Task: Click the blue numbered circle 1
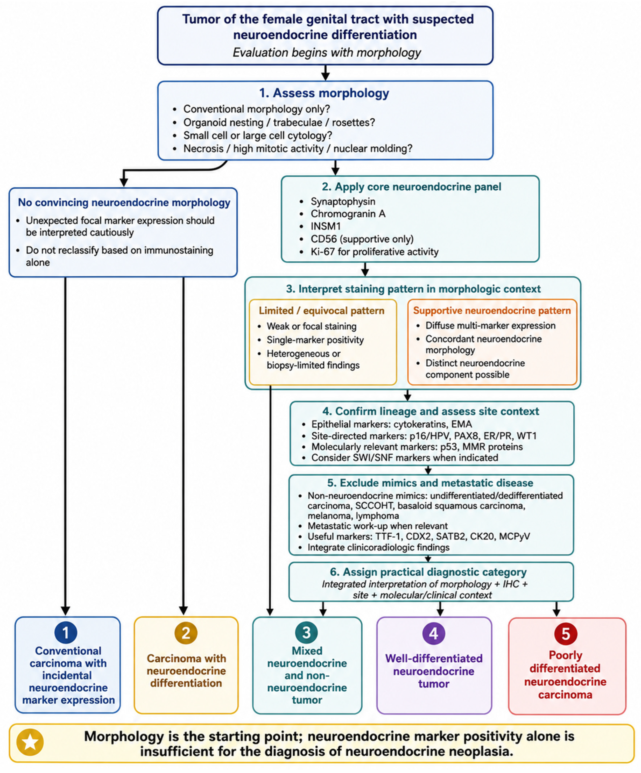point(66,633)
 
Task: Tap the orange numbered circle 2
point(186,633)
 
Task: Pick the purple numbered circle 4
point(434,633)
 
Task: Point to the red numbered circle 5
point(566,633)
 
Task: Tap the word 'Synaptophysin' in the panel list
point(343,201)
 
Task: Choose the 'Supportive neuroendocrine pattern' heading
point(492,310)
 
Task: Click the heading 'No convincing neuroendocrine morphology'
point(124,203)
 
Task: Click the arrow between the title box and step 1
point(325,73)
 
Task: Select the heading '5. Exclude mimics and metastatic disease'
point(430,483)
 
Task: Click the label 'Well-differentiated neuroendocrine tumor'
point(434,671)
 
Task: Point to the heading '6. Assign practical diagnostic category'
point(428,572)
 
